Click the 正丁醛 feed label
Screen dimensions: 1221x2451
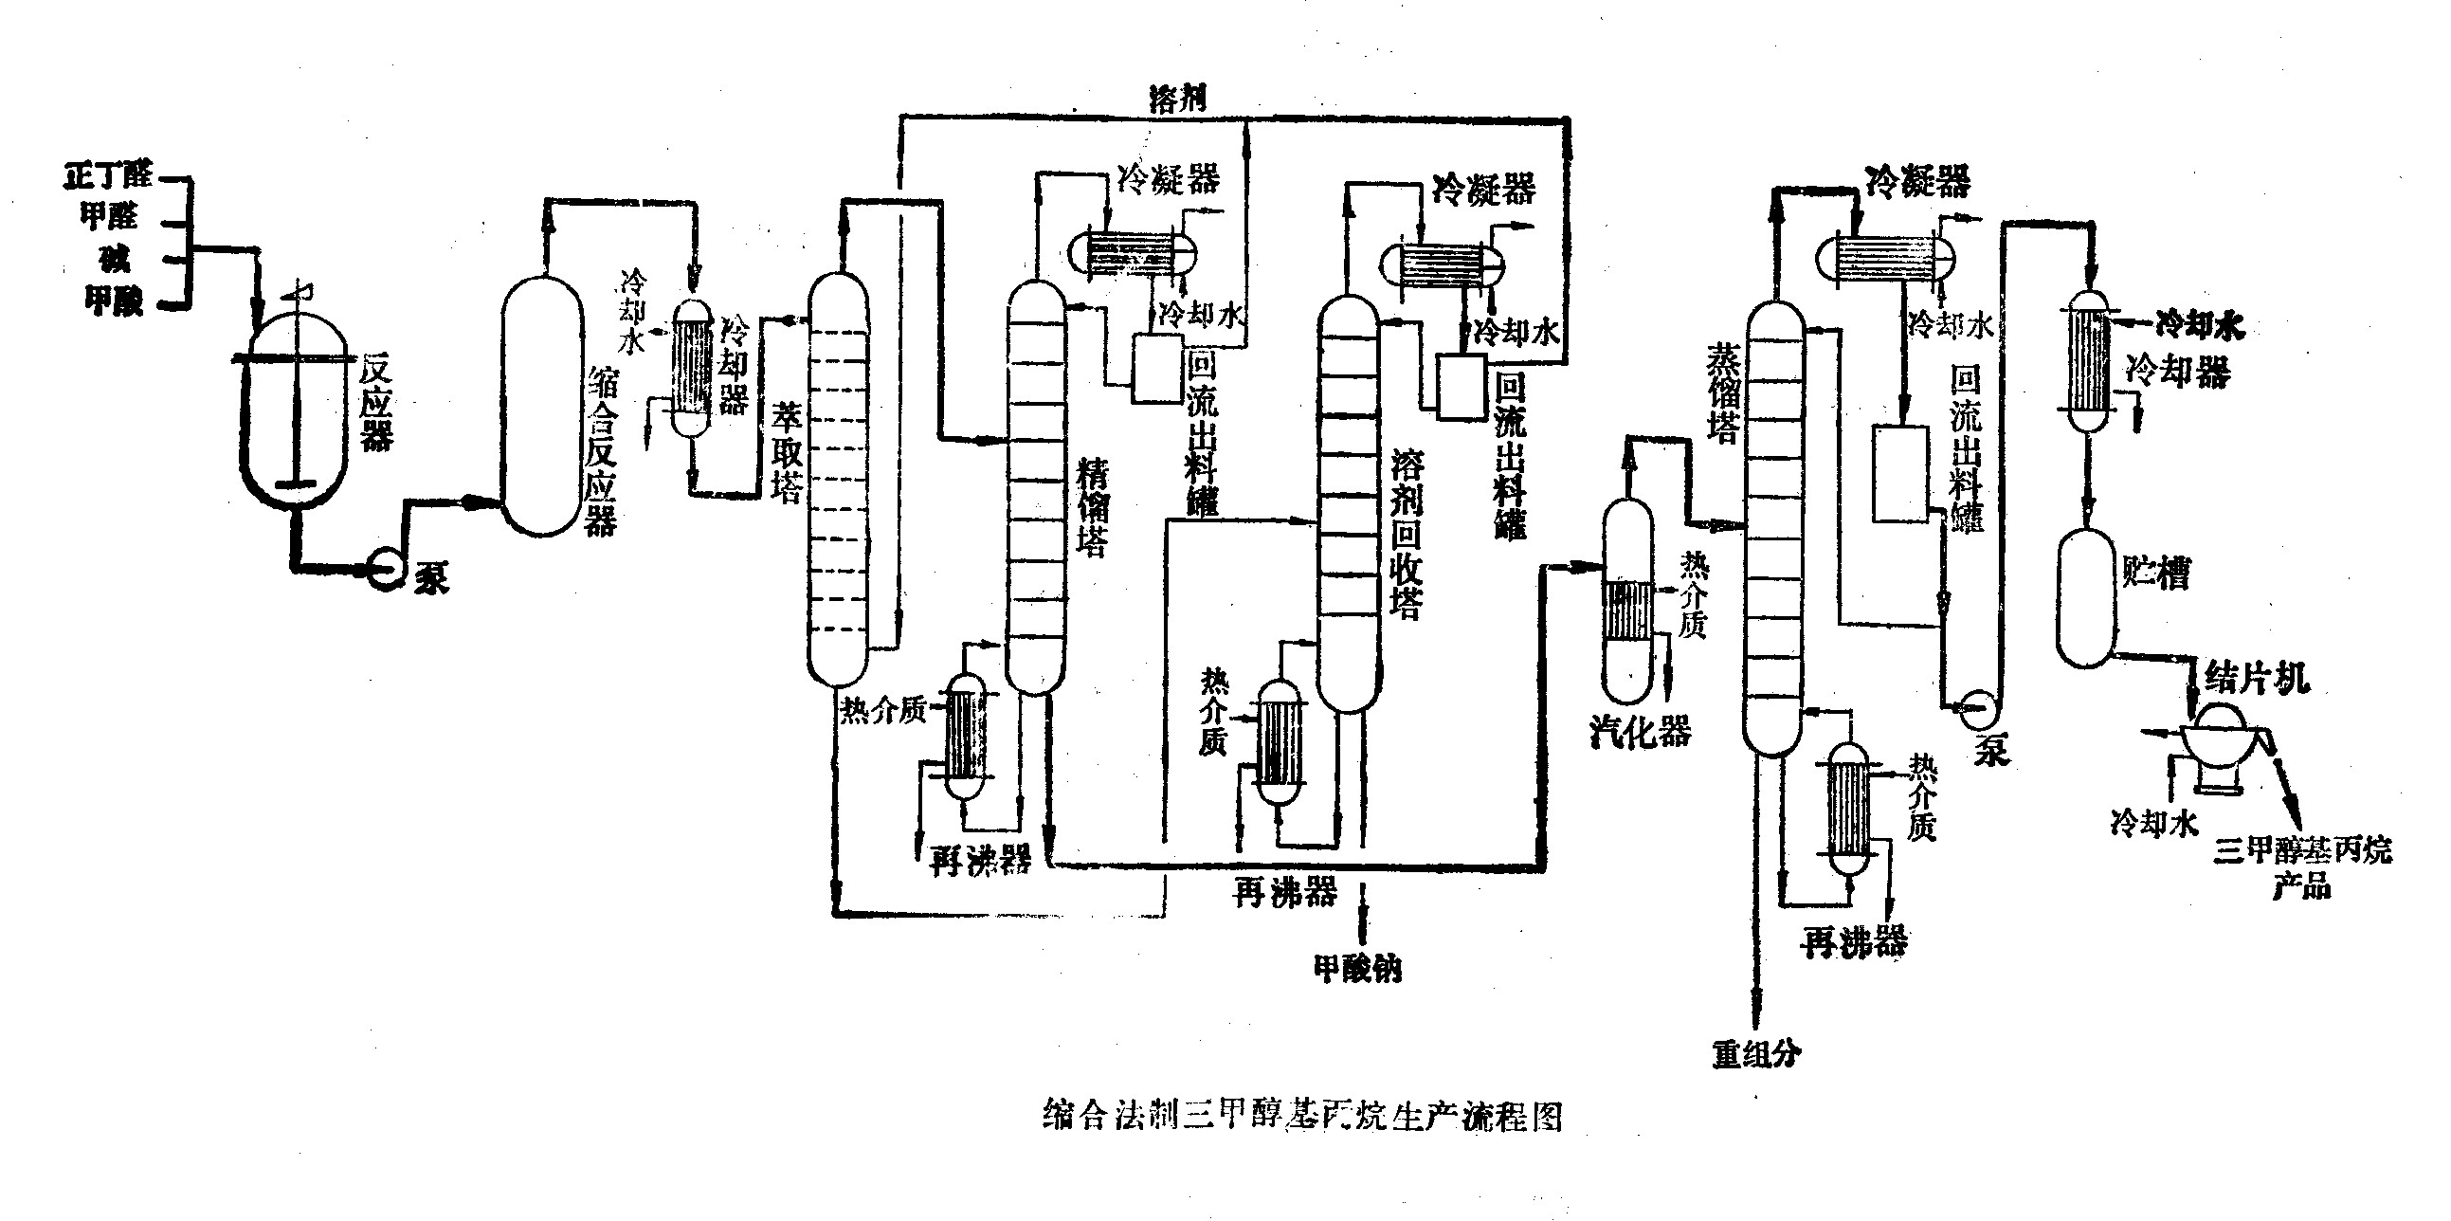108,176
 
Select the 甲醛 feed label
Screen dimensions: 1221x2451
108,217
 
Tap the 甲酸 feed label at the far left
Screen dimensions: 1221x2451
114,301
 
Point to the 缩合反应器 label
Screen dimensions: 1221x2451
600,453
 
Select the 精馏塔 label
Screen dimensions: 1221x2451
1092,509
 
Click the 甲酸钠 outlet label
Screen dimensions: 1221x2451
1358,969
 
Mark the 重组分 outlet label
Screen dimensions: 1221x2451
1756,1053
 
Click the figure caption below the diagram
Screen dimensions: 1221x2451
1302,1116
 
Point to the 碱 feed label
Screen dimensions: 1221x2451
115,259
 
